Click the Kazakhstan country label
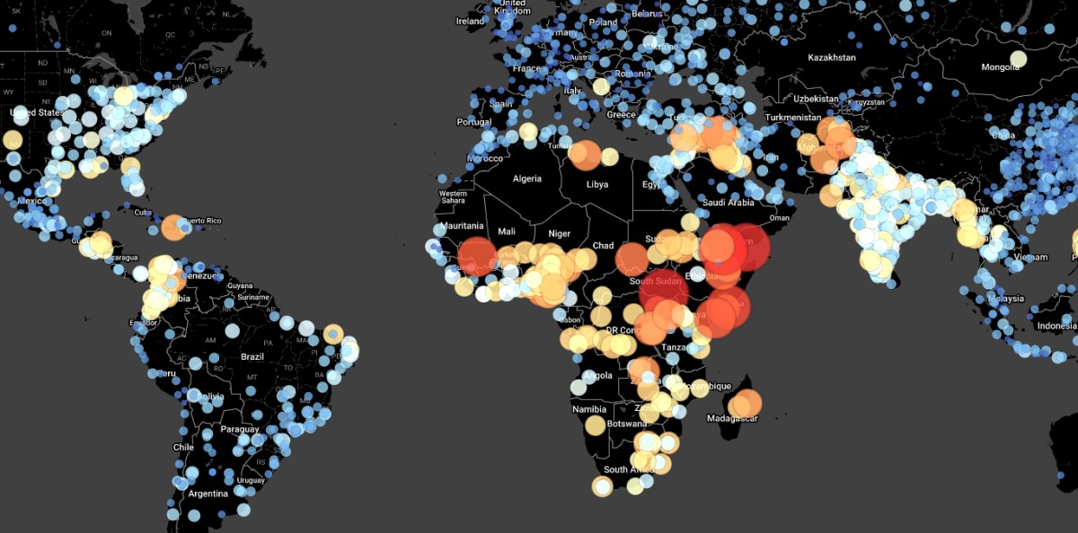coord(831,57)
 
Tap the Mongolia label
coord(1000,67)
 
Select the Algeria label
coord(527,179)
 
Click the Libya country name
coord(596,185)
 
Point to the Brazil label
coord(252,356)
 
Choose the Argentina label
coord(208,494)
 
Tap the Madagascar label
coord(733,419)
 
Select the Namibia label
coord(589,409)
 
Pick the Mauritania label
coord(463,226)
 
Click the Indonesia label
coord(1056,327)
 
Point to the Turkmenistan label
coord(793,118)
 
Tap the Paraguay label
coord(240,429)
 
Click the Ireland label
coord(470,21)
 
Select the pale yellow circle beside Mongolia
coord(1018,59)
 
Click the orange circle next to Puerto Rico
coord(173,227)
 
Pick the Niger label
coord(559,233)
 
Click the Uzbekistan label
coord(816,99)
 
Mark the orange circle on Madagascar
coord(747,404)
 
